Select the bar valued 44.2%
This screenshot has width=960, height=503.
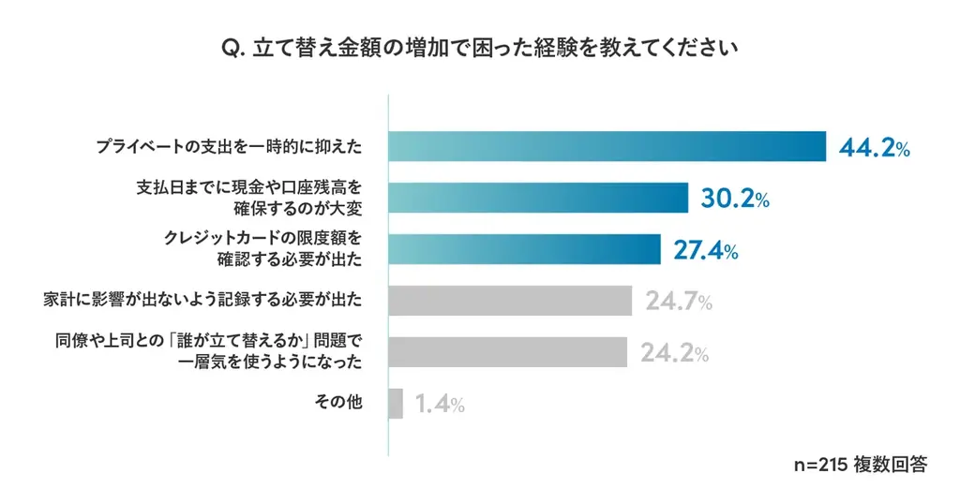point(607,146)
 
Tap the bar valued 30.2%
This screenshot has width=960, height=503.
point(538,198)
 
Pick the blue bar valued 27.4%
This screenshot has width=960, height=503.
point(525,249)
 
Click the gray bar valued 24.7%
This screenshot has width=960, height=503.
point(510,301)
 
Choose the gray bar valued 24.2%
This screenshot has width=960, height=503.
point(507,352)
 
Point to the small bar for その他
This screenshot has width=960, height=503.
point(396,404)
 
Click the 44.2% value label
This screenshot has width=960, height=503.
point(874,148)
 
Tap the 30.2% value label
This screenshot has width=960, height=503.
point(735,199)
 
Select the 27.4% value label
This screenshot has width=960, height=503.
point(705,250)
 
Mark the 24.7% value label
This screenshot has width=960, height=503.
point(678,302)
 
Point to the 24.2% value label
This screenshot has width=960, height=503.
point(673,353)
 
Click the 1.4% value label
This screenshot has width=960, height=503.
point(439,405)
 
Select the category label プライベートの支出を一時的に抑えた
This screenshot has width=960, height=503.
point(229,147)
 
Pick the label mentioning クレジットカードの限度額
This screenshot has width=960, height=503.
point(262,249)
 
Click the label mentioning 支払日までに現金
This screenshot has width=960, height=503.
point(248,198)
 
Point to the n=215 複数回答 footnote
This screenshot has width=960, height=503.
point(859,464)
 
